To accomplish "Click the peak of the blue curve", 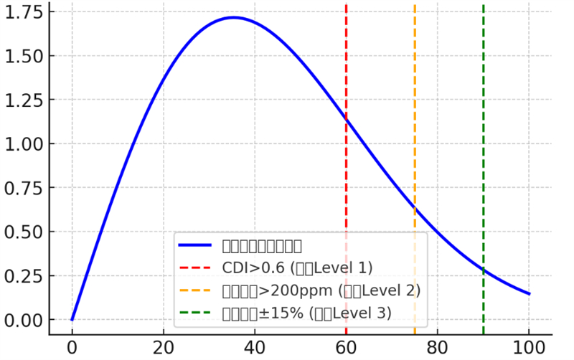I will pyautogui.click(x=234, y=17).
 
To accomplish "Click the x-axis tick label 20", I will pyautogui.click(x=163, y=348).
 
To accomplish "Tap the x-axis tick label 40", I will pyautogui.click(x=255, y=348).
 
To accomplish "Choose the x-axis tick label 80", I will pyautogui.click(x=438, y=348).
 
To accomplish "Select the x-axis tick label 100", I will pyautogui.click(x=529, y=348).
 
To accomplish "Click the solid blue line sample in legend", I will pyautogui.click(x=194, y=246).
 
